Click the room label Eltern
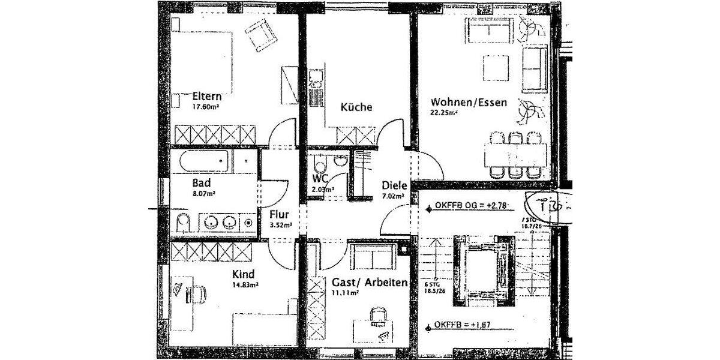[208, 97]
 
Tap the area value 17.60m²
[204, 108]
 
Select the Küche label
[356, 107]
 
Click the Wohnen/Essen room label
[469, 103]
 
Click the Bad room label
[200, 182]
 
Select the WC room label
[319, 179]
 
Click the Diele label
[394, 185]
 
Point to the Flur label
[280, 214]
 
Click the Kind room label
[243, 274]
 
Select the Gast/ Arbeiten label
[370, 282]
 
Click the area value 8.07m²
[204, 194]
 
